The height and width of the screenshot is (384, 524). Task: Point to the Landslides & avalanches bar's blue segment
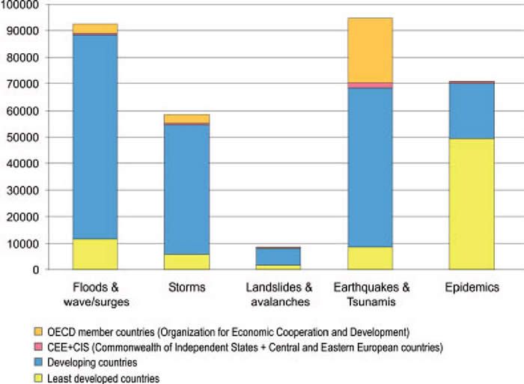pyautogui.click(x=278, y=256)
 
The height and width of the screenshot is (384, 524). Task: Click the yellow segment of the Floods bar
pyautogui.click(x=95, y=254)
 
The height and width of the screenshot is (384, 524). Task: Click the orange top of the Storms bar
pyautogui.click(x=187, y=118)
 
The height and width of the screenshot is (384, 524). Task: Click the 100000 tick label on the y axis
pyautogui.click(x=19, y=4)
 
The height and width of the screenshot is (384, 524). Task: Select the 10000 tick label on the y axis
pyautogui.click(x=22, y=243)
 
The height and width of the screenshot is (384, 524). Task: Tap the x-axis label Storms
pyautogui.click(x=187, y=287)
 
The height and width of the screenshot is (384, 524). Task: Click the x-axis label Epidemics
pyautogui.click(x=472, y=287)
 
